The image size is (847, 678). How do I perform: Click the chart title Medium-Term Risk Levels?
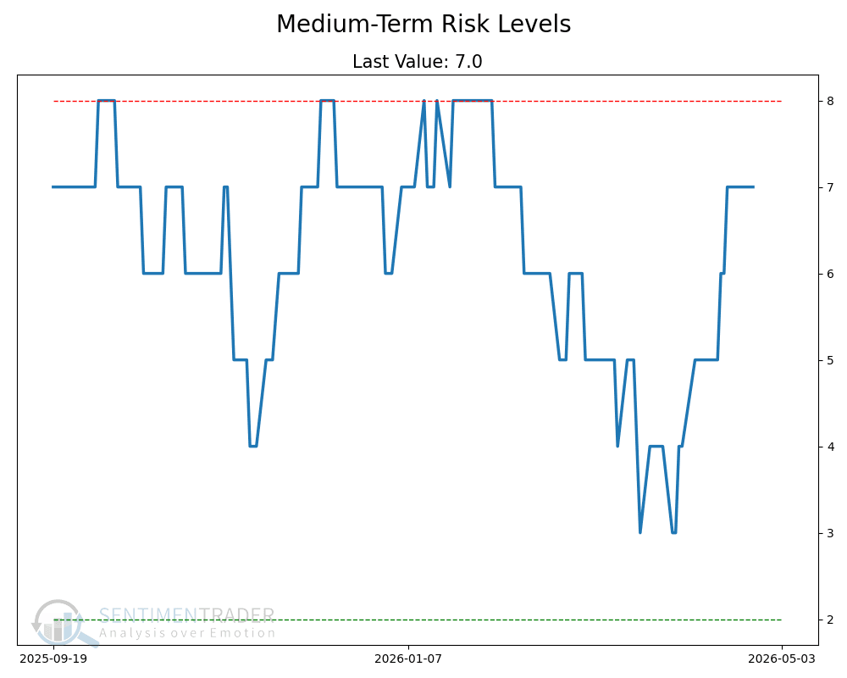pyautogui.click(x=423, y=25)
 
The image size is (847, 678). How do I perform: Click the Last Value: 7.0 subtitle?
pyautogui.click(x=417, y=62)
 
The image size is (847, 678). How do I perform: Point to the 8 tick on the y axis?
pyautogui.click(x=830, y=101)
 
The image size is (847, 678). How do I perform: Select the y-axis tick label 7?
pyautogui.click(x=830, y=187)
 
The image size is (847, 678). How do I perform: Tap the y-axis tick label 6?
pyautogui.click(x=830, y=274)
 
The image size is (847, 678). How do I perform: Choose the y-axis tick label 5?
pyautogui.click(x=830, y=360)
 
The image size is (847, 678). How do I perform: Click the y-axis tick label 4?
pyautogui.click(x=830, y=447)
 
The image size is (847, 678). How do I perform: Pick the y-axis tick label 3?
pyautogui.click(x=830, y=533)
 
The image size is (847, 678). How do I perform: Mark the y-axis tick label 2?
pyautogui.click(x=830, y=620)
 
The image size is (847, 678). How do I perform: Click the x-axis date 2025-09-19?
pyautogui.click(x=53, y=658)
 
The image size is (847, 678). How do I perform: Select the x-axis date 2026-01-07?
pyautogui.click(x=408, y=658)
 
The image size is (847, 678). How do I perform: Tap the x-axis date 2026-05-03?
pyautogui.click(x=781, y=658)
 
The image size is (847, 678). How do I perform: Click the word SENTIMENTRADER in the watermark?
pyautogui.click(x=186, y=616)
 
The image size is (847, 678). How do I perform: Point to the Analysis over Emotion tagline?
pyautogui.click(x=187, y=633)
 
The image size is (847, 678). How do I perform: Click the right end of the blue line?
pyautogui.click(x=753, y=186)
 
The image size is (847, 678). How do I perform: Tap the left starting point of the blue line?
pyautogui.click(x=53, y=186)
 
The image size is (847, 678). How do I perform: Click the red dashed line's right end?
pyautogui.click(x=780, y=101)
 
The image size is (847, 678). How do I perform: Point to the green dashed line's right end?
pyautogui.click(x=780, y=620)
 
